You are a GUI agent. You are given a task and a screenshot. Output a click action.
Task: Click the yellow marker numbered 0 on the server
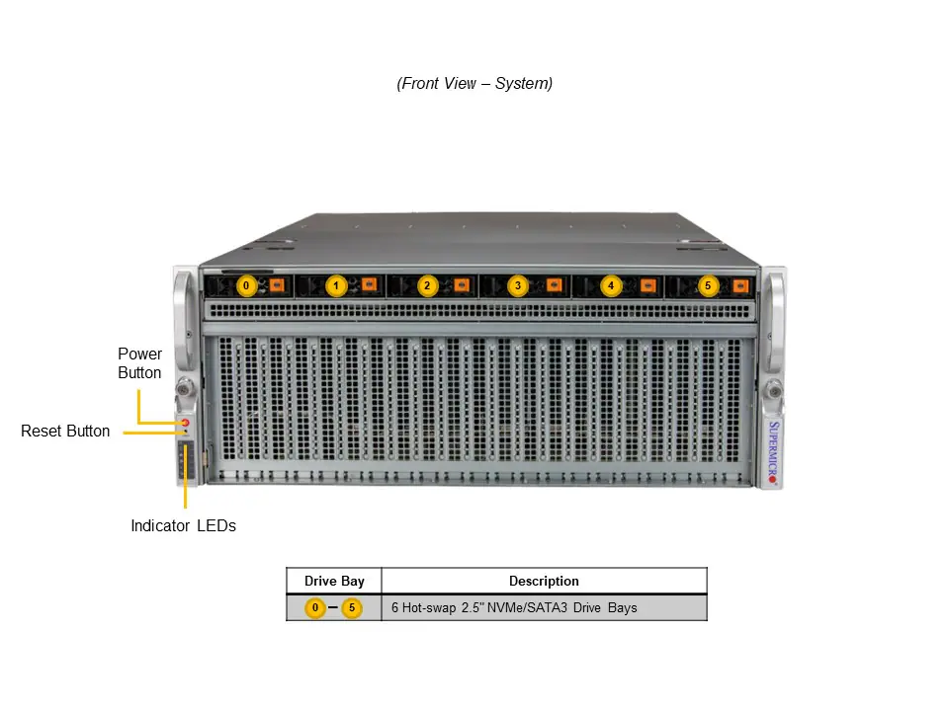point(246,286)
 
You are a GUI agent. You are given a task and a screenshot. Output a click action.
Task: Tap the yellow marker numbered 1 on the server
point(336,286)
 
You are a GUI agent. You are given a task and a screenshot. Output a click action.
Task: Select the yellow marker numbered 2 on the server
point(427,286)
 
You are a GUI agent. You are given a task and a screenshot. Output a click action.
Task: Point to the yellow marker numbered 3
point(518,286)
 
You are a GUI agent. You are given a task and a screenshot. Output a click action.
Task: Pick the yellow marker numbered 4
point(610,286)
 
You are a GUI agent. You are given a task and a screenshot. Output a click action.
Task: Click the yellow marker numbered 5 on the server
point(707,286)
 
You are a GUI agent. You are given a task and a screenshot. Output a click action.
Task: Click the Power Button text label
point(139,363)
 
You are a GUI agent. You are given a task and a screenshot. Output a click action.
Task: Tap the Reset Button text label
point(65,432)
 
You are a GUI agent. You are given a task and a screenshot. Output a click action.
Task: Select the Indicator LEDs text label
point(183,526)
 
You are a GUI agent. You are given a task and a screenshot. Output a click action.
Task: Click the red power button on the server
point(184,423)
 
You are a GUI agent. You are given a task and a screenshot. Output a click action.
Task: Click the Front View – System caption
point(474,84)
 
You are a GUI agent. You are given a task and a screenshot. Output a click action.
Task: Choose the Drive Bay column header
point(334,582)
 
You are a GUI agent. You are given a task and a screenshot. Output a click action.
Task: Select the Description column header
point(544,582)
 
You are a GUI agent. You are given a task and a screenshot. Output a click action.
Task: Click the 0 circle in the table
point(314,608)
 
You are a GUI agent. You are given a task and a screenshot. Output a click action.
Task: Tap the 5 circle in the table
point(351,608)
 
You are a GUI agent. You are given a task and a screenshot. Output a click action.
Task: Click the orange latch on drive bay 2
point(461,285)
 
